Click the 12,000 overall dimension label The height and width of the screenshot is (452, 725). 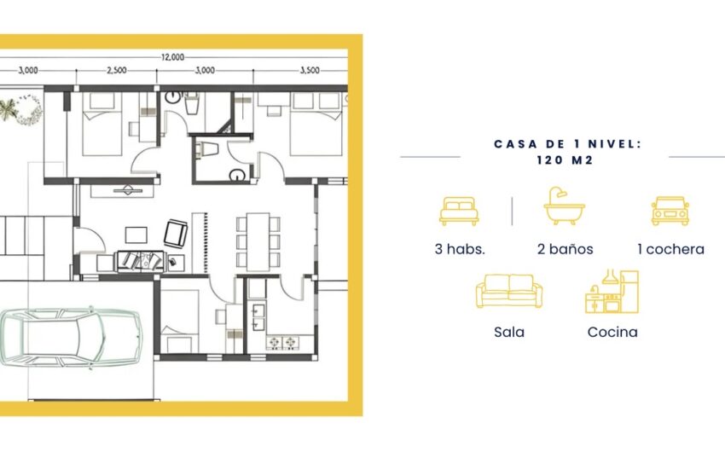pos(172,57)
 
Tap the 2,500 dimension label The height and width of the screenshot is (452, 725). pos(117,70)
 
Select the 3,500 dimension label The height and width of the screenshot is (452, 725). pos(310,70)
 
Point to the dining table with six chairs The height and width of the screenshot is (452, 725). pos(258,241)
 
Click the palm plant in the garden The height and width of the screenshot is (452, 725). pos(8,110)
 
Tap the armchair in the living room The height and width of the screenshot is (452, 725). pos(176,234)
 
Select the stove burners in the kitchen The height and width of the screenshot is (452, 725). pos(283,343)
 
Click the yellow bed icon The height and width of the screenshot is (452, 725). pos(459,211)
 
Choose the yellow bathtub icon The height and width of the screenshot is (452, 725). pos(564,206)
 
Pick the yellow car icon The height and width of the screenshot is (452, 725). pos(670,211)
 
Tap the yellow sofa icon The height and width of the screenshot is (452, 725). pos(509,291)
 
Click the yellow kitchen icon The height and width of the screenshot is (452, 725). pos(612,292)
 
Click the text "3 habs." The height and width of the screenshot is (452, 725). pos(460,249)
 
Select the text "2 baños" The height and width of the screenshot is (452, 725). pos(565,249)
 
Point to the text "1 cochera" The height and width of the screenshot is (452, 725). pos(670,249)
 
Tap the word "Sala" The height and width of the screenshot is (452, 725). pos(509,332)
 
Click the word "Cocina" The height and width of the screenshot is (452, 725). pos(612,332)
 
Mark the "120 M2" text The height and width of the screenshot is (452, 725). pos(565,160)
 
